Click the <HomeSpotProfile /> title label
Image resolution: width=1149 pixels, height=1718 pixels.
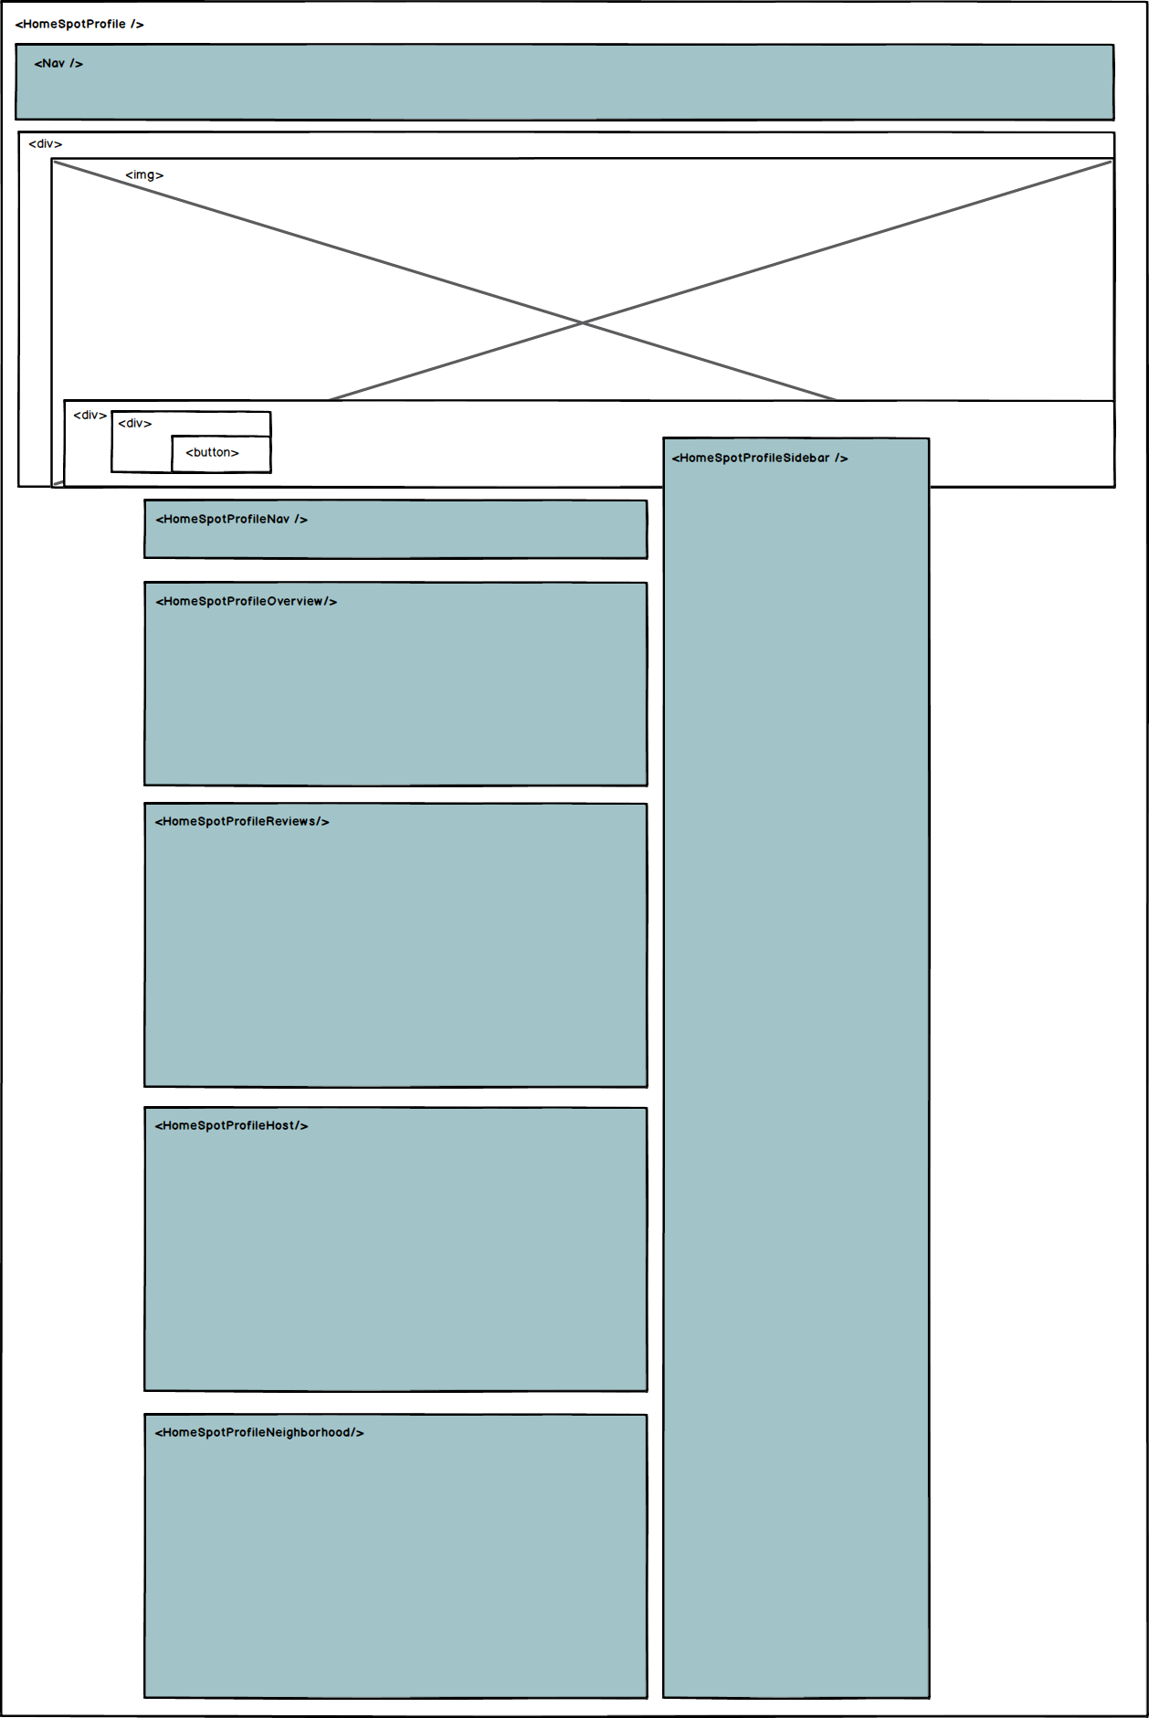point(79,25)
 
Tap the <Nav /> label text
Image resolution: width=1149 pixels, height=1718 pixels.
point(58,64)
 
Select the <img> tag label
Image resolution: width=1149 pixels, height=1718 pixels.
point(144,175)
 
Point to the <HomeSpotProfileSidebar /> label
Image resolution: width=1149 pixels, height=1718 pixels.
point(760,458)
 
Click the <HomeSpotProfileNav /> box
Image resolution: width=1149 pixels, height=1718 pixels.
point(395,530)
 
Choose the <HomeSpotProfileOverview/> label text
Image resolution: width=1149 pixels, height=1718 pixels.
point(247,602)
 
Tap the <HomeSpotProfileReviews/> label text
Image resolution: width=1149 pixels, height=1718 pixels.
point(242,822)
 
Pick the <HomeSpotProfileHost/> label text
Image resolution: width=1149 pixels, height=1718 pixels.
point(232,1126)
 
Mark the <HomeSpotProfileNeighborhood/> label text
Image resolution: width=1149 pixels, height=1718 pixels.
point(259,1433)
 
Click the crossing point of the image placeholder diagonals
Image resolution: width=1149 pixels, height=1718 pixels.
point(583,322)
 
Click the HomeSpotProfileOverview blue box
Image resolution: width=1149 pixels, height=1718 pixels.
point(395,694)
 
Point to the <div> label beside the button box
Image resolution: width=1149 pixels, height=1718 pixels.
point(135,424)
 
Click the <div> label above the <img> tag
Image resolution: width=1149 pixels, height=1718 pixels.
point(46,144)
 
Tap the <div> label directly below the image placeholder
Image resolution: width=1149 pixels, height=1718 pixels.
point(90,416)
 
